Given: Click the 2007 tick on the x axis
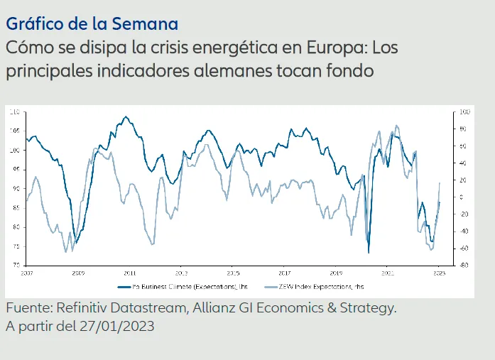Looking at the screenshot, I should pos(27,272).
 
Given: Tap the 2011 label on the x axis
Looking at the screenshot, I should pos(130,272).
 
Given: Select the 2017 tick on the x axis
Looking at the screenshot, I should pos(284,272).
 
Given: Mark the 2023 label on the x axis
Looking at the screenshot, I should pos(439,272).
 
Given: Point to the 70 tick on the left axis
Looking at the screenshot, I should pos(16,265).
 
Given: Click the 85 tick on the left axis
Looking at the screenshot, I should pos(16,207).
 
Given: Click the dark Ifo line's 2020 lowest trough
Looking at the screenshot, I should pos(369,252).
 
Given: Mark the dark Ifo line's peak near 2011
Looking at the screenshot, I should pos(126,117).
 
